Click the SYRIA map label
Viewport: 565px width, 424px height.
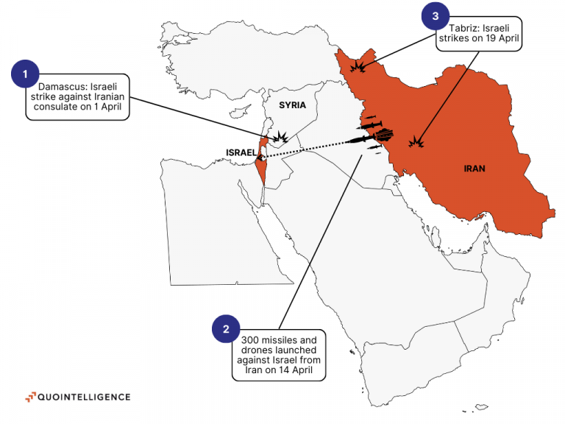[x=292, y=105]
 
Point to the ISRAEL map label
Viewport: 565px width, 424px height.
[x=241, y=152]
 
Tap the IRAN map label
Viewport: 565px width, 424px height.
[x=475, y=169]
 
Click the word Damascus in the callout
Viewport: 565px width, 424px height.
[x=60, y=85]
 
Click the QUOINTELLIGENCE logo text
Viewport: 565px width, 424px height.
[x=85, y=397]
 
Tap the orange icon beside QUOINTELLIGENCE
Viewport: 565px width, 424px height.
[x=30, y=397]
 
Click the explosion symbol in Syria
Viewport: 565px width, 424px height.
[x=282, y=138]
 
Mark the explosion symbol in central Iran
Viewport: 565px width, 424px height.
[x=418, y=141]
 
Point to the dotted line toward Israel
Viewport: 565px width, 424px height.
[x=309, y=148]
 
